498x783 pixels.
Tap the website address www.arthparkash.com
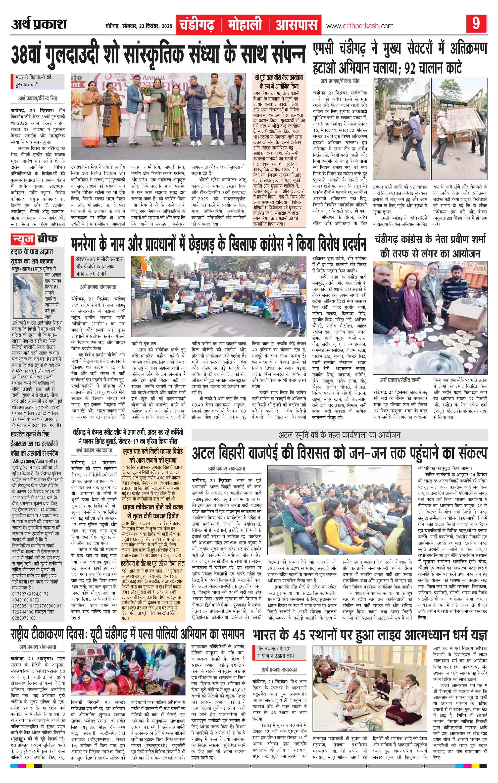(360, 26)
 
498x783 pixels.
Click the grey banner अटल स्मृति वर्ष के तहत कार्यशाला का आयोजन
(340, 435)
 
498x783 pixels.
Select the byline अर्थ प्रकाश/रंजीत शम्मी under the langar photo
(405, 380)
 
